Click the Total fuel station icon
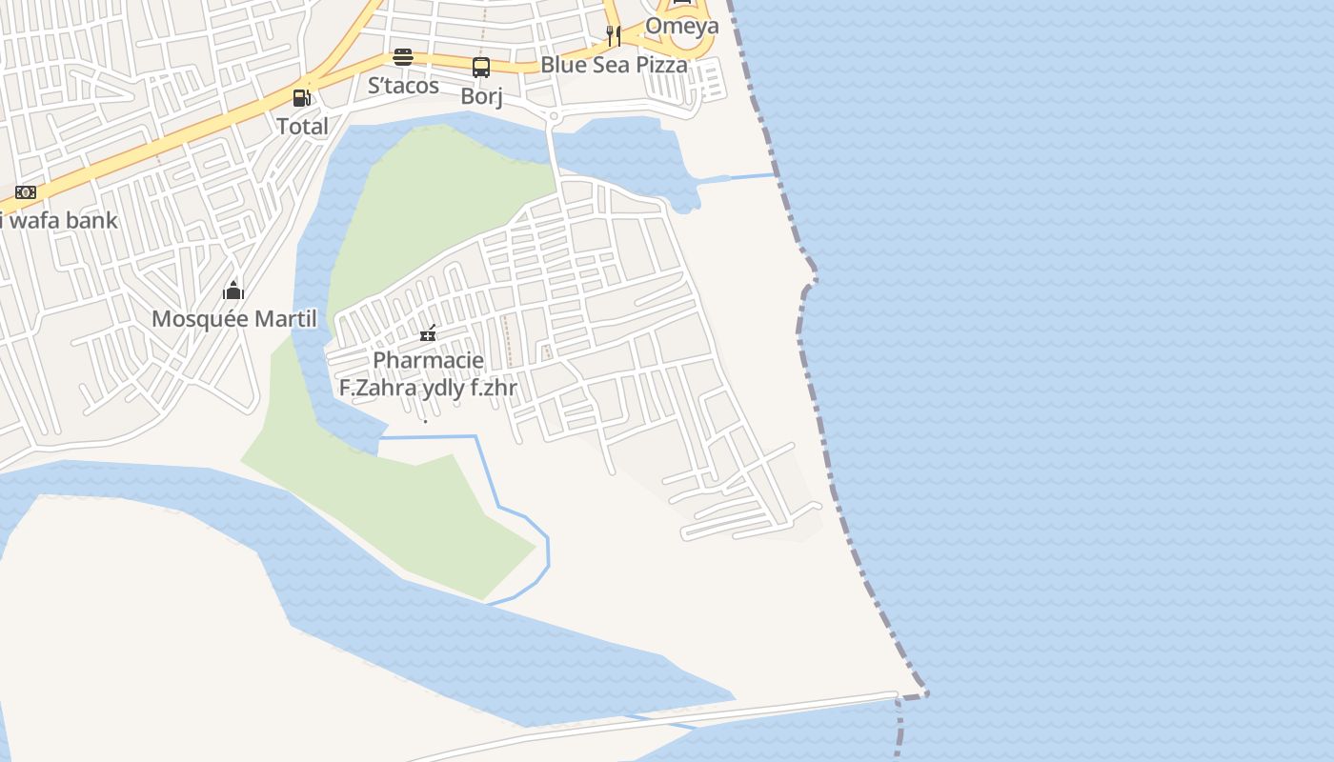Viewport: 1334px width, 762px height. (301, 97)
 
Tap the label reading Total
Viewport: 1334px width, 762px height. (302, 126)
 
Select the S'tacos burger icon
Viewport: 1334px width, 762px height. (403, 57)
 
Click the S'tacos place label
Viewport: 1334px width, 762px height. (403, 86)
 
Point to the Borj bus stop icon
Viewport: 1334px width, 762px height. (481, 67)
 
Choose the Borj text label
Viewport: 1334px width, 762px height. (481, 96)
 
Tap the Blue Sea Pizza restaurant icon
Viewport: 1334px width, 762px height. (614, 36)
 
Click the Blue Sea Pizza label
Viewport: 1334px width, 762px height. (614, 65)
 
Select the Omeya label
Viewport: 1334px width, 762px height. (681, 26)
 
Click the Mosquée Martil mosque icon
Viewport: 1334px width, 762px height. (233, 290)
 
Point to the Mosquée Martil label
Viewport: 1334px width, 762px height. (233, 319)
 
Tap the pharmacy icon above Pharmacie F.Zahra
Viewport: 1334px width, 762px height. (428, 332)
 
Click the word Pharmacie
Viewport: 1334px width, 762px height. (428, 361)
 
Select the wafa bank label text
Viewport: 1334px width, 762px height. (59, 220)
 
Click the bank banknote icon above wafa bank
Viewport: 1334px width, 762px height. (26, 192)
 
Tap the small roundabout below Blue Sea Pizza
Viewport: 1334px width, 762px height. (553, 116)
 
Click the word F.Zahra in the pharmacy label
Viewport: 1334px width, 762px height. (375, 389)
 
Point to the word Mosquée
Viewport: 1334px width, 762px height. (191, 319)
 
